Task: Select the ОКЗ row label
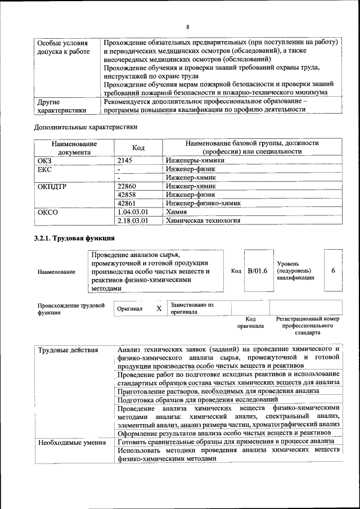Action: point(44,160)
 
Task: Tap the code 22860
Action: point(129,186)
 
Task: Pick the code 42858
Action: point(129,195)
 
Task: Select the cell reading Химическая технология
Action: point(203,220)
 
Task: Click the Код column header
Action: point(138,147)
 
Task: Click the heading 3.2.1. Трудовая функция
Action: point(70,239)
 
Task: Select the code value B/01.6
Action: point(257,271)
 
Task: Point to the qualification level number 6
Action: point(333,271)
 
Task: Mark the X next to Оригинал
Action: point(159,309)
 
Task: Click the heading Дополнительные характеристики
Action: point(86,127)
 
